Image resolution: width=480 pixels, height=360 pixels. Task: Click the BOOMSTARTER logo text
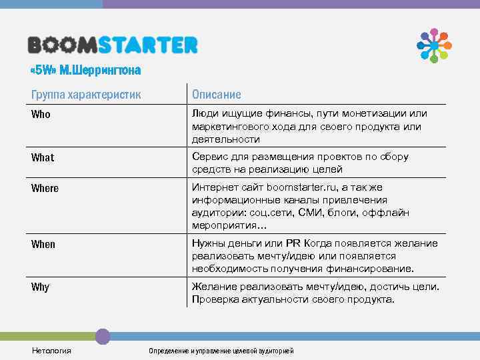[113, 45]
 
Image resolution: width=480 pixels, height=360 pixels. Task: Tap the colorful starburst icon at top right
[434, 45]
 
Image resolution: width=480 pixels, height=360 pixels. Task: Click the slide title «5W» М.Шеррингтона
[87, 70]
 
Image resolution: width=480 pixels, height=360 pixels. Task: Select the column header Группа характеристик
[86, 95]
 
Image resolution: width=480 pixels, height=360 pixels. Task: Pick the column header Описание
[216, 95]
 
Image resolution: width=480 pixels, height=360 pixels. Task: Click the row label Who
[41, 115]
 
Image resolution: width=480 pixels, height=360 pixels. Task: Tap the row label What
[43, 158]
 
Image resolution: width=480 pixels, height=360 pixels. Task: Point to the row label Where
[45, 189]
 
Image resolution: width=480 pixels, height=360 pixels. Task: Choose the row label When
[43, 245]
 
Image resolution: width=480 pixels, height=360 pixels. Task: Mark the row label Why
[40, 287]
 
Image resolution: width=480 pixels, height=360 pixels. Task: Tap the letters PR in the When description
[295, 243]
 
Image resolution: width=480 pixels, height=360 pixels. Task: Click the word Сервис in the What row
[210, 157]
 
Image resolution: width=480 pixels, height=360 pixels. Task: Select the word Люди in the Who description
[205, 114]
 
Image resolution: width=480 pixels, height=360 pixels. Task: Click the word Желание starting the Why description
[214, 287]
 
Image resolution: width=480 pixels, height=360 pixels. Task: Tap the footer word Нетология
[51, 351]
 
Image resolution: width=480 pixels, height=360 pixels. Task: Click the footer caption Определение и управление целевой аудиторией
[221, 351]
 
